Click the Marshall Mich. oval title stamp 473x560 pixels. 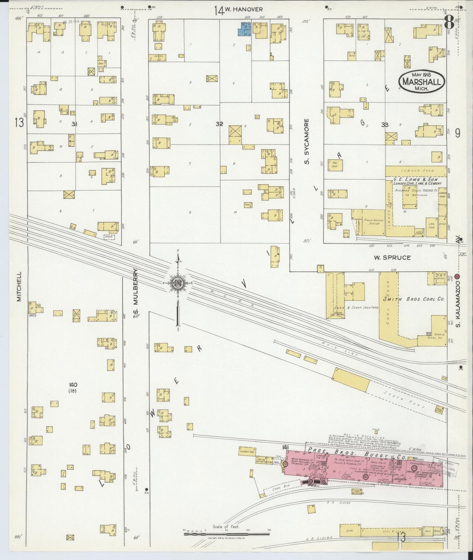point(422,81)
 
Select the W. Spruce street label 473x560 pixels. point(392,257)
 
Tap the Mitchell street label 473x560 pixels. point(19,287)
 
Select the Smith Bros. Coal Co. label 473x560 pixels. point(413,299)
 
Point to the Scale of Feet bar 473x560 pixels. point(227,534)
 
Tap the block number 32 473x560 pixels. point(219,124)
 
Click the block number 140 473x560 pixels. point(73,384)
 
